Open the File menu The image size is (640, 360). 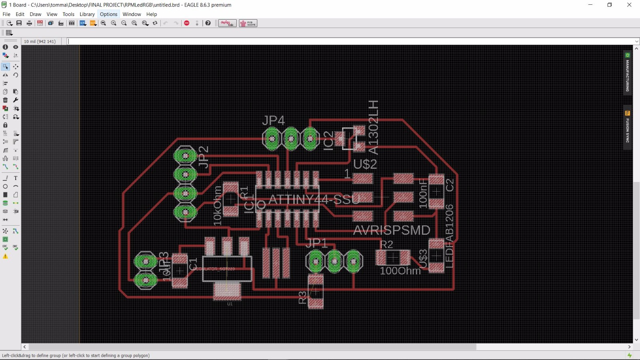click(x=6, y=14)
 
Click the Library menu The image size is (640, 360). click(x=87, y=14)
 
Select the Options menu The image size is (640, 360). click(x=108, y=14)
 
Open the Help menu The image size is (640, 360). click(x=152, y=14)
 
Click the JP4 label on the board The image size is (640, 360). click(x=274, y=120)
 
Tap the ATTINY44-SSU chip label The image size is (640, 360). click(x=314, y=199)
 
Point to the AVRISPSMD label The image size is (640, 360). click(x=392, y=230)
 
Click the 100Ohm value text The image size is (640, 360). click(x=400, y=271)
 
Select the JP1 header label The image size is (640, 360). click(x=316, y=243)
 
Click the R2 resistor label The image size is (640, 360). click(x=386, y=244)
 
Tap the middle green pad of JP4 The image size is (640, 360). click(x=291, y=139)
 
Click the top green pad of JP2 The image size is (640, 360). click(x=185, y=156)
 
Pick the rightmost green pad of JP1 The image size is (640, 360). click(x=353, y=262)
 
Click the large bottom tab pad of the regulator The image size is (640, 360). click(x=227, y=291)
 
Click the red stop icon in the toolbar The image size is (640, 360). click(x=187, y=23)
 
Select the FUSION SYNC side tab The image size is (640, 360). click(x=628, y=127)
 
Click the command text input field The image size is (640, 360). click(x=348, y=41)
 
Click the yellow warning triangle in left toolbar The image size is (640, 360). click(x=6, y=256)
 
